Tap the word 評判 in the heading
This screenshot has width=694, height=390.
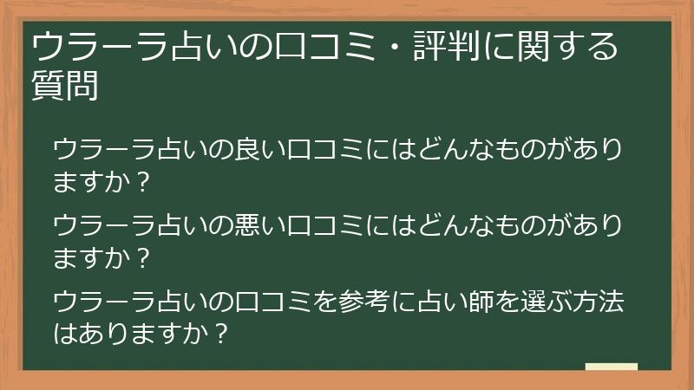tap(452, 45)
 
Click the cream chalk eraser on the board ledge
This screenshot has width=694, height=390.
tap(612, 367)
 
